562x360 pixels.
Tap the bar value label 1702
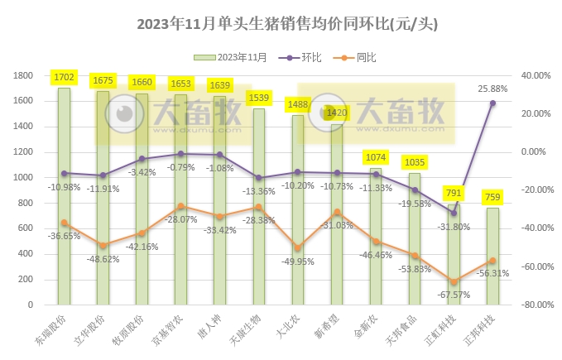[64, 78]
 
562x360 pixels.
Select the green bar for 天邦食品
[414, 238]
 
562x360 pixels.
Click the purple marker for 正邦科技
[492, 103]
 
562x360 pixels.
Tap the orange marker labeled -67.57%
[454, 282]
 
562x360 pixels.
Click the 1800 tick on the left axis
[24, 75]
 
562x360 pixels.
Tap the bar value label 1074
[375, 157]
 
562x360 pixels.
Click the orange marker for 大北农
[296, 247]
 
